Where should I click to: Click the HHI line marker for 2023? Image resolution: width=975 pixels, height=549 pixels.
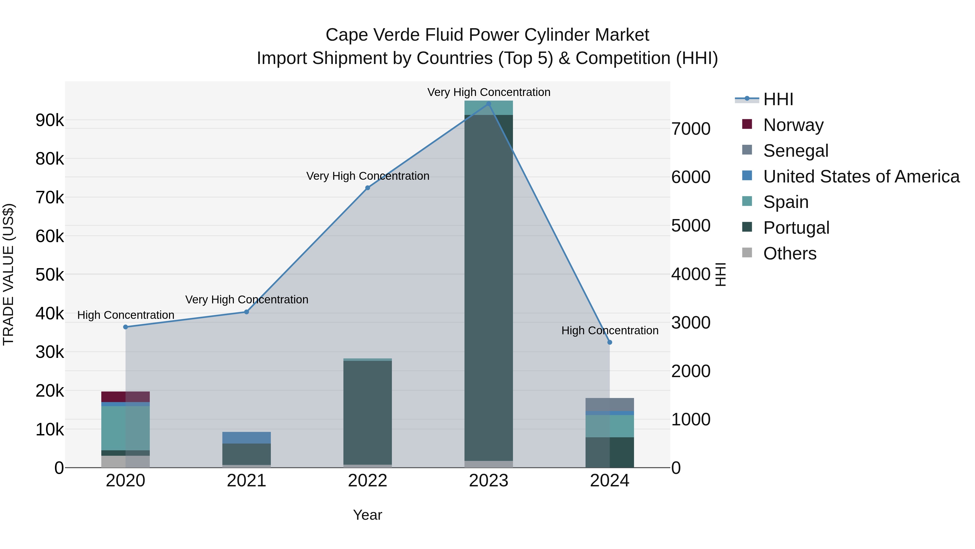488,104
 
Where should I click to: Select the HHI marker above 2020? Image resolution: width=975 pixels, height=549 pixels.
126,327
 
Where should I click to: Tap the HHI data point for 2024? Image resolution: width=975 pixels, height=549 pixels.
609,342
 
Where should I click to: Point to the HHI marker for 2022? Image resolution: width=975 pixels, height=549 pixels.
368,188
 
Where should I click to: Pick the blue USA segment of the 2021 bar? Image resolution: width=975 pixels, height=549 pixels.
246,438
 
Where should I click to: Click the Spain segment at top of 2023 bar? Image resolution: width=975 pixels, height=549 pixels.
488,108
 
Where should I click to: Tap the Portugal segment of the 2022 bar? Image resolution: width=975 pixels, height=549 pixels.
368,413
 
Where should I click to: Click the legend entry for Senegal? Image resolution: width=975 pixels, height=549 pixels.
796,151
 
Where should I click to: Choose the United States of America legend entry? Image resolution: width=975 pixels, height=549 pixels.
861,176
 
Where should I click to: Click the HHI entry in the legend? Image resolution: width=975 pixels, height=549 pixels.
778,99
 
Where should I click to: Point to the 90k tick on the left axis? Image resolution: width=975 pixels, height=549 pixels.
50,120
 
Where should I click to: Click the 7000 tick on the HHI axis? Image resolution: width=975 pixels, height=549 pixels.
691,129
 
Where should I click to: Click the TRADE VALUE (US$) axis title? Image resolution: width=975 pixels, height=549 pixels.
8,274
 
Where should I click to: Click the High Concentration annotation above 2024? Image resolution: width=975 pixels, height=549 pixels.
610,331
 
